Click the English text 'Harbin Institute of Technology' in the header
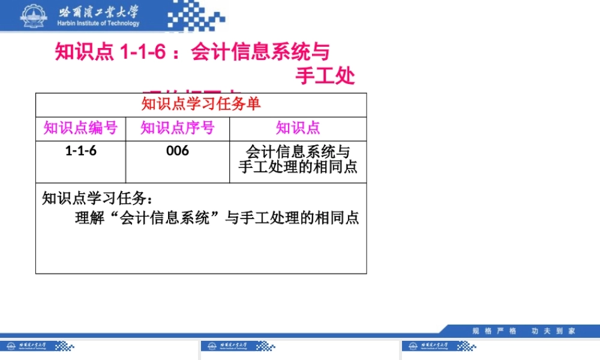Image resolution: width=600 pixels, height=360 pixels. [99, 23]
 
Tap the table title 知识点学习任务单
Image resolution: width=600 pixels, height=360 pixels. [201, 104]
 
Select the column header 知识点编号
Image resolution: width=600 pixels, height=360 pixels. [80, 128]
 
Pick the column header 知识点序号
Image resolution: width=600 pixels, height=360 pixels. [177, 128]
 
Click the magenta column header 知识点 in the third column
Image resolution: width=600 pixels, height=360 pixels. [298, 128]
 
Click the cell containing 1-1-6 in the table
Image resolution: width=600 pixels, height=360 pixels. [80, 151]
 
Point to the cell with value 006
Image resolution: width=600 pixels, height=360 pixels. [178, 151]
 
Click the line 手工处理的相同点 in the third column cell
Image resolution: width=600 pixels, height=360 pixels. [298, 167]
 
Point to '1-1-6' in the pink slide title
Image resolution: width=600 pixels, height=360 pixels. [143, 53]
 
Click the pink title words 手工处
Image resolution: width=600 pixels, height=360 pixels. [325, 77]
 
